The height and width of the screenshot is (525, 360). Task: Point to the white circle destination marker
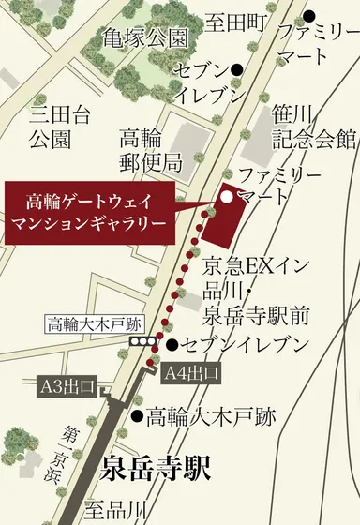(x=226, y=196)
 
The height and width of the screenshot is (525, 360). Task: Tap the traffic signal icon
(x=143, y=344)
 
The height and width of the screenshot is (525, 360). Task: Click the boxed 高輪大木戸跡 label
(x=92, y=323)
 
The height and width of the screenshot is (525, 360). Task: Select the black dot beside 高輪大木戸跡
(x=138, y=413)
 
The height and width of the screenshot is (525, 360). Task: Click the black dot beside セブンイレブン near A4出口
(x=171, y=345)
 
